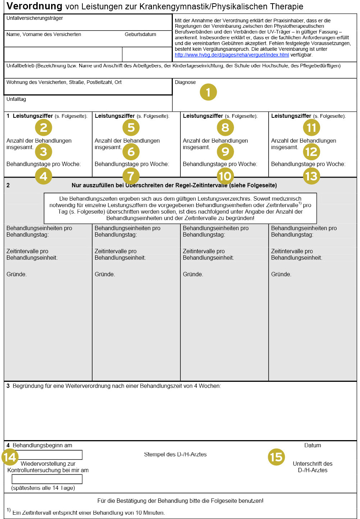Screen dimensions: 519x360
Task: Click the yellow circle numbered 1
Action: point(208,92)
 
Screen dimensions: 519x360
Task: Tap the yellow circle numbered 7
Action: point(131,176)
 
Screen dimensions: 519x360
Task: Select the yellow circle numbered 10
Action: point(225,176)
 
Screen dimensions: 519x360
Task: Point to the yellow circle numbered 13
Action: point(311,176)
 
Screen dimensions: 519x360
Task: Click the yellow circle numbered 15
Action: point(276,457)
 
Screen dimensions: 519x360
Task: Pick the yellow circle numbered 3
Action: point(44,152)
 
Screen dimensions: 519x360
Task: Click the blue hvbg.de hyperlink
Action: point(232,55)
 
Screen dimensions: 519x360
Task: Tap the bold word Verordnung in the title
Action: point(35,6)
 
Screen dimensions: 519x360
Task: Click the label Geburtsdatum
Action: point(140,35)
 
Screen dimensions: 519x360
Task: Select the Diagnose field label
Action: point(185,82)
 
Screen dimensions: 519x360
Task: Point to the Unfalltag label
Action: point(16,99)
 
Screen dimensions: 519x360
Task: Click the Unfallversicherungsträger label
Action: point(35,18)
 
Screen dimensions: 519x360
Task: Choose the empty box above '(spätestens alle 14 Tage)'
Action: point(47,479)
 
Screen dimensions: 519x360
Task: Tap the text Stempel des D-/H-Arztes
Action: point(175,455)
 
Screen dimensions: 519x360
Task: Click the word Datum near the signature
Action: point(312,446)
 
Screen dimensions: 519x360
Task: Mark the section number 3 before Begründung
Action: point(8,386)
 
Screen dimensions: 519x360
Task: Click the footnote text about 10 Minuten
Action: point(89,513)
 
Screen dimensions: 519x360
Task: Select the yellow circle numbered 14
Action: point(10,457)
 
